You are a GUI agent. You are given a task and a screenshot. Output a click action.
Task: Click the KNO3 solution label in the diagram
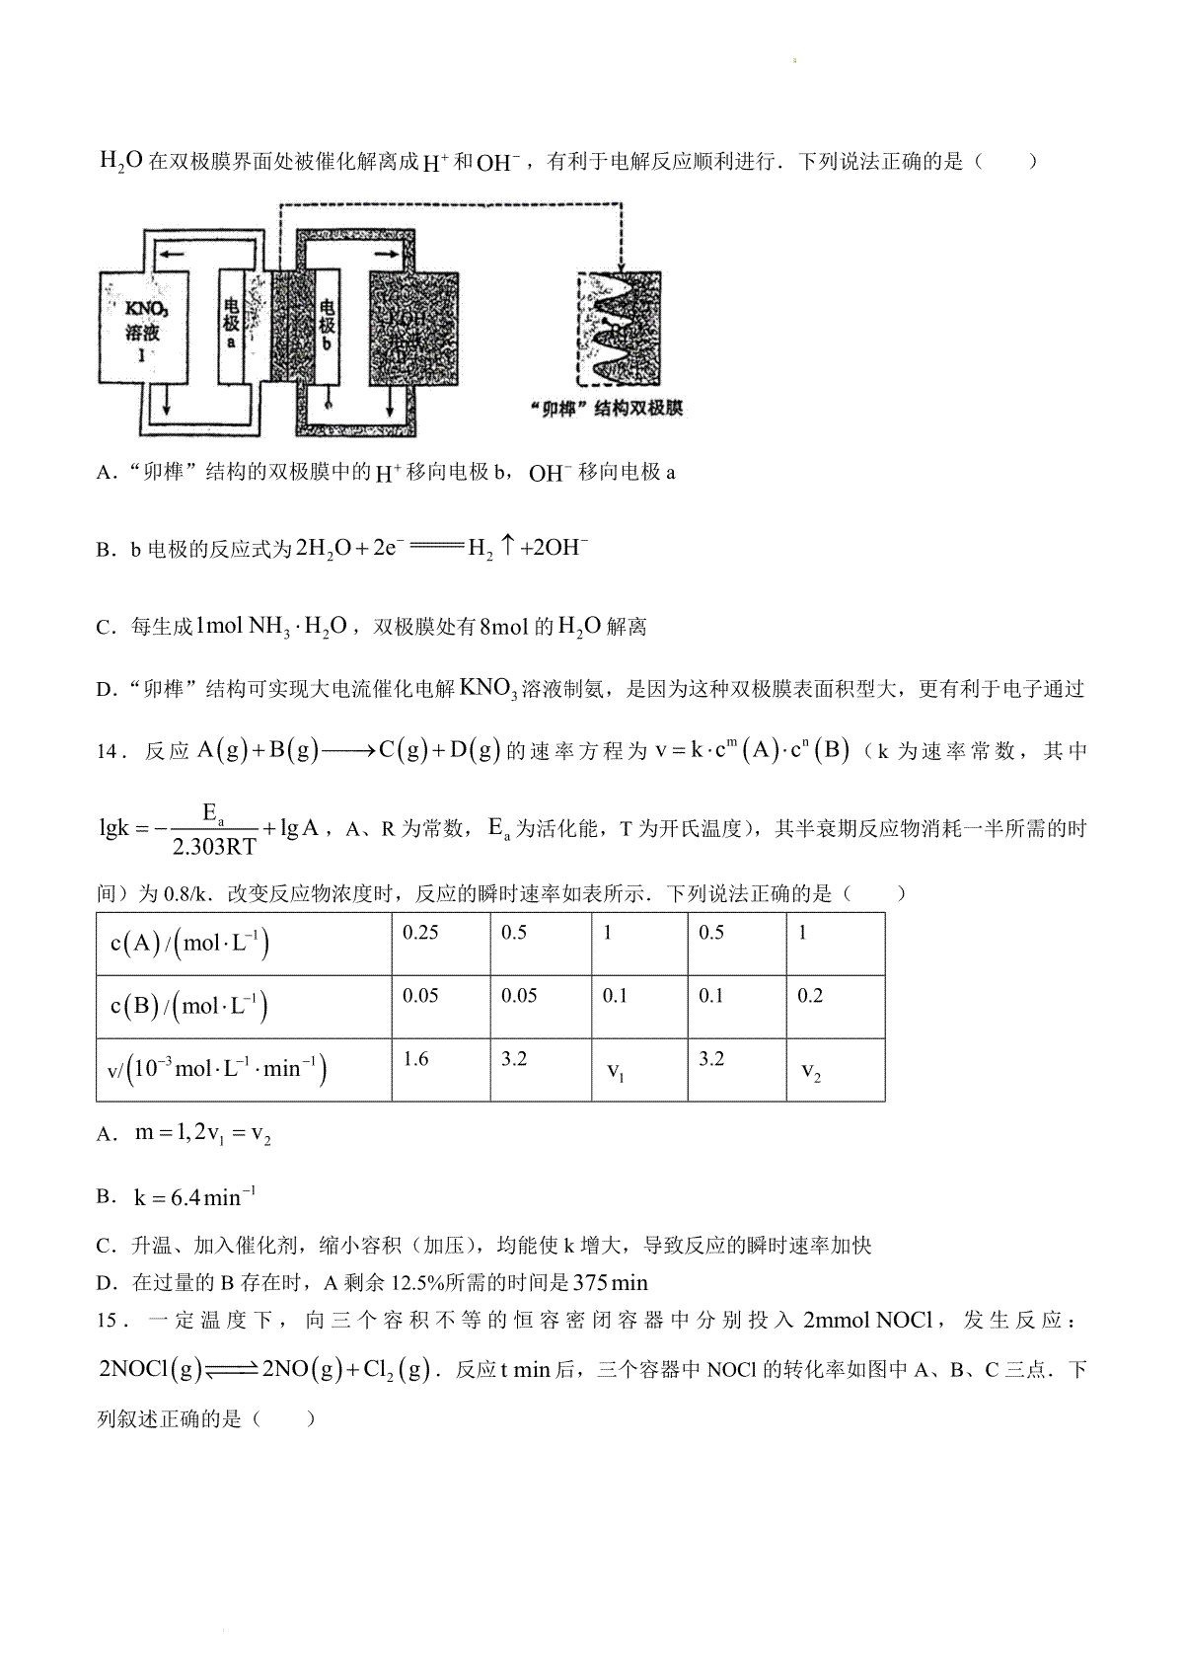(x=142, y=321)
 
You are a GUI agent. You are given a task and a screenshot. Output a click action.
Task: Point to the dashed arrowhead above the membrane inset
(x=621, y=267)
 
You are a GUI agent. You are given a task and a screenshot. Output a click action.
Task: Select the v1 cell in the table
(x=615, y=1072)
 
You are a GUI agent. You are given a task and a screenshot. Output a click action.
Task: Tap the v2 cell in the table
(x=811, y=1072)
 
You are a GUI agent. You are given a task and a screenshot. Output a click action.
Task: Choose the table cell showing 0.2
(x=810, y=997)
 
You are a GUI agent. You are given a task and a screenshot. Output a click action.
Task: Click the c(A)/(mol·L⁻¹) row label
(x=189, y=944)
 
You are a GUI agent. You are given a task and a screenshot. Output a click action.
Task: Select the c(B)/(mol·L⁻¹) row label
(x=189, y=1007)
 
